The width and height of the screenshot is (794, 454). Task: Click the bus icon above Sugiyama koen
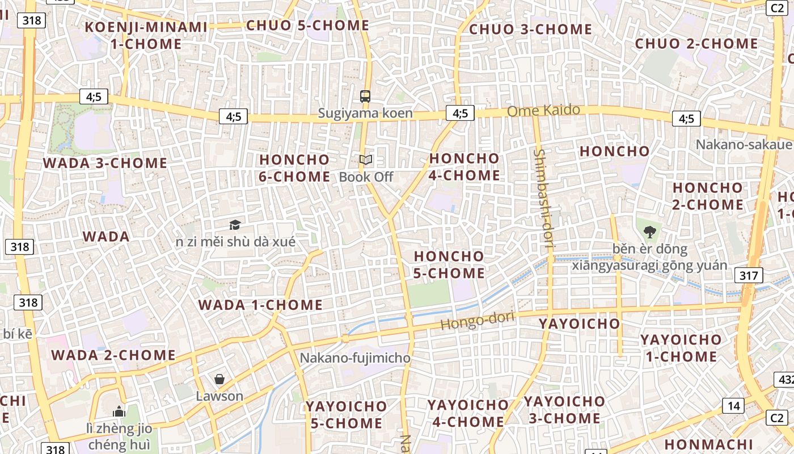365,96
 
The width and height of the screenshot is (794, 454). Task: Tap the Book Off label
366,177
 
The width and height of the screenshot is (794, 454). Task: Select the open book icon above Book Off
366,161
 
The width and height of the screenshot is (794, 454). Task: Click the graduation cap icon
235,225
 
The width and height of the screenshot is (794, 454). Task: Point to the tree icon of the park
649,232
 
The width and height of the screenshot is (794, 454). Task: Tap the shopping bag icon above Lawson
219,379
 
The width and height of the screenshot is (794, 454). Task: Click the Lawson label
219,396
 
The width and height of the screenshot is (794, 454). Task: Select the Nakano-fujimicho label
354,358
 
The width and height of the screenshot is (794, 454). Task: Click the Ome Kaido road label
543,110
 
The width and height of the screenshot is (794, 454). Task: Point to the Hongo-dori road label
477,322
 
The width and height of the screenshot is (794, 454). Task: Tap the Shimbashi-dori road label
542,200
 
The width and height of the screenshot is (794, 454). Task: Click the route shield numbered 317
749,276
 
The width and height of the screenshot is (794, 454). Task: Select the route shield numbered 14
733,405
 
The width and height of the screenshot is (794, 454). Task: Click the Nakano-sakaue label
744,144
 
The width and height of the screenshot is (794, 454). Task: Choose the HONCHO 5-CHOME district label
449,264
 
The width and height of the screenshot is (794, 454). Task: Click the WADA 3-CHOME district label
105,163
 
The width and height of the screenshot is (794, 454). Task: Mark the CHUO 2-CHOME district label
696,44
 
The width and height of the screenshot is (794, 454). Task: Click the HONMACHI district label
708,444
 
